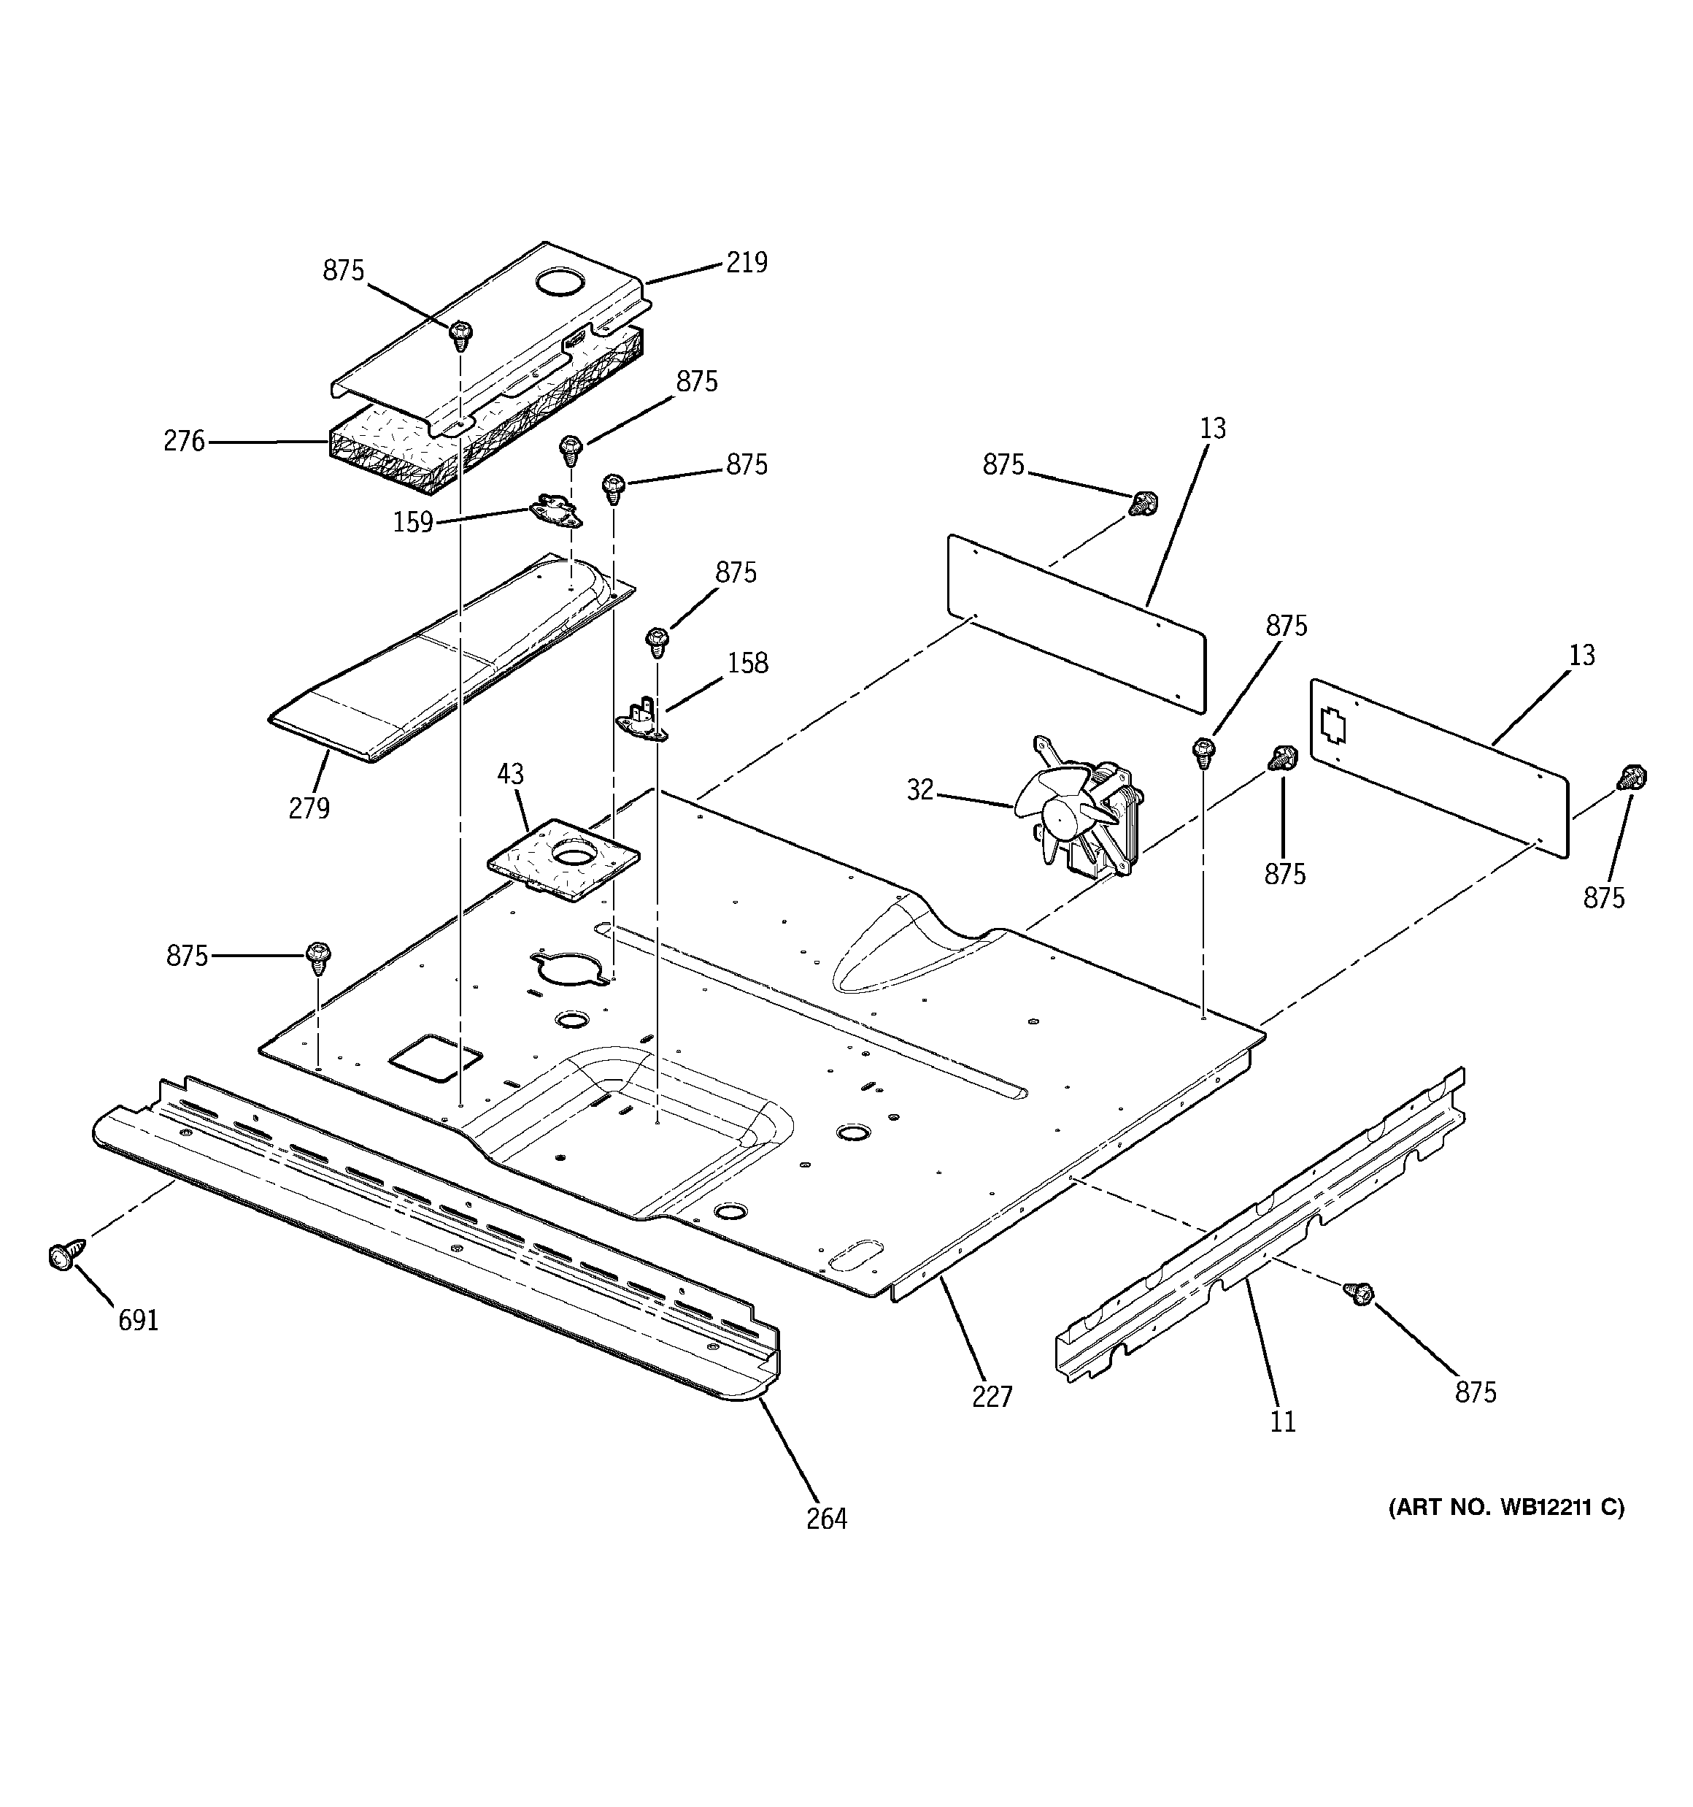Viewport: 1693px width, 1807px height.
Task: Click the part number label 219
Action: (x=746, y=263)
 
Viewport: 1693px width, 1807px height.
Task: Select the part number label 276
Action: (x=185, y=442)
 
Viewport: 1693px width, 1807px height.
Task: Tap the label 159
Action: (x=412, y=523)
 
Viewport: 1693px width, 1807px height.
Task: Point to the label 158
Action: (x=747, y=663)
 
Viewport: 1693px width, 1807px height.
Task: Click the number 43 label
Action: (x=510, y=775)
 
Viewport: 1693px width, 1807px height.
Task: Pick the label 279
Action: (x=309, y=807)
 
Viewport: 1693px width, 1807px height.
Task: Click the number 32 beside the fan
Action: (x=919, y=790)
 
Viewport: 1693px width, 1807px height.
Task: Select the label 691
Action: (x=138, y=1320)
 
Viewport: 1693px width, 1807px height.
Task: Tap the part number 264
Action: (x=826, y=1518)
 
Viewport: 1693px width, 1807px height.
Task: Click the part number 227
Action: (x=992, y=1396)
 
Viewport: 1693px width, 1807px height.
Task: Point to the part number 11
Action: (x=1282, y=1421)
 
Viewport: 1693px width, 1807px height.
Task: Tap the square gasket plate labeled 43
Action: (x=564, y=859)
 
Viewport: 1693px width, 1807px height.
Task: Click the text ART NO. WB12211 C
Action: (x=1505, y=1507)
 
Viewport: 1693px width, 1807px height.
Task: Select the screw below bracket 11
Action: (x=1360, y=1294)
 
